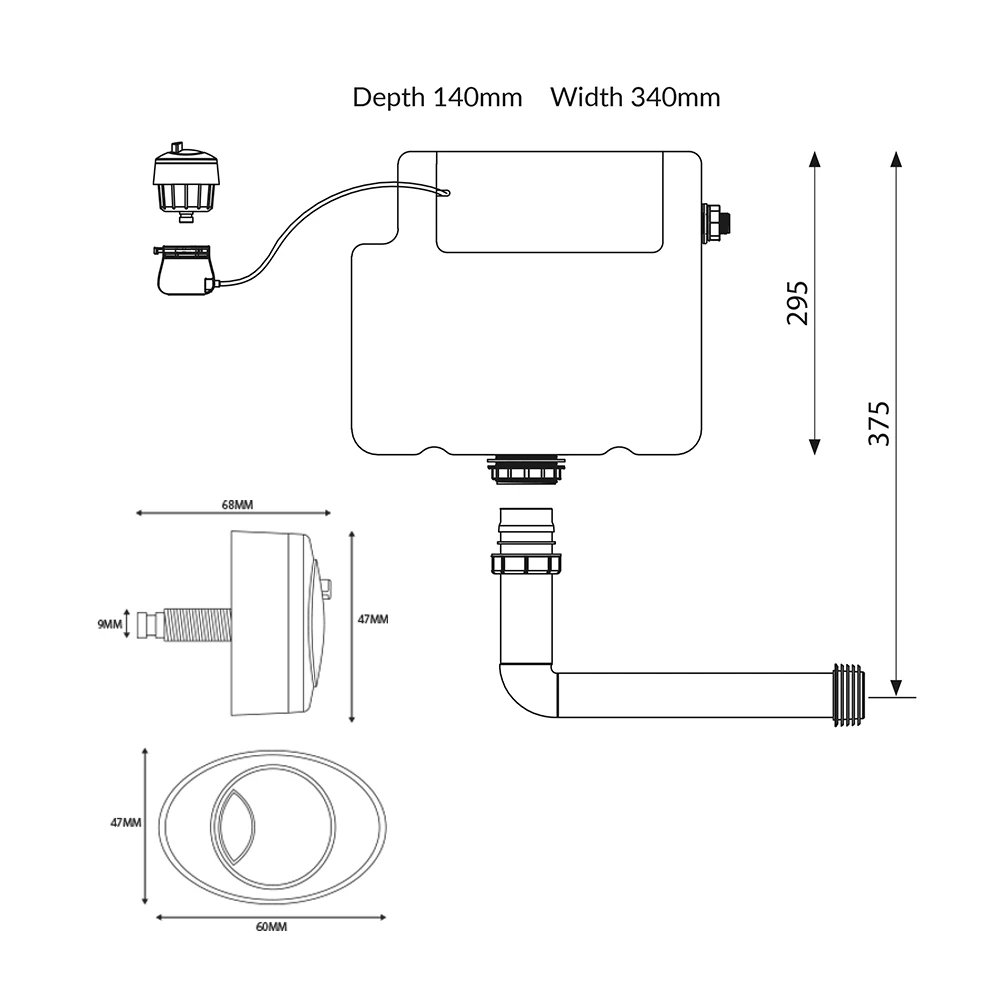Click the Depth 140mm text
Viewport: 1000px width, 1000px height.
437,97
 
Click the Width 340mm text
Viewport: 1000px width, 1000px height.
635,97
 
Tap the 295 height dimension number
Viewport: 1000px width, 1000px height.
797,302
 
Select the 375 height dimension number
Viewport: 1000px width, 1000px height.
877,423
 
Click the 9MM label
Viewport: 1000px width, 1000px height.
109,625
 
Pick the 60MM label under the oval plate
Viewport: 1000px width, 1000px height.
271,927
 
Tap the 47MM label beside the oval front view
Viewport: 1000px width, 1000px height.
125,822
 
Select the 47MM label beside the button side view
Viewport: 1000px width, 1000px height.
373,620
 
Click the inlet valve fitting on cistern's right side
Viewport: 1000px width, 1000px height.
717,222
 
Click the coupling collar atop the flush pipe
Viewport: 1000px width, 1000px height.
526,562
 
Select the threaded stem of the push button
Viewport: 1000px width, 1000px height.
196,624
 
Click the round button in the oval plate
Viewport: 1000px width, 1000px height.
272,824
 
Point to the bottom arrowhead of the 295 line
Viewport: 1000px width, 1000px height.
815,446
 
